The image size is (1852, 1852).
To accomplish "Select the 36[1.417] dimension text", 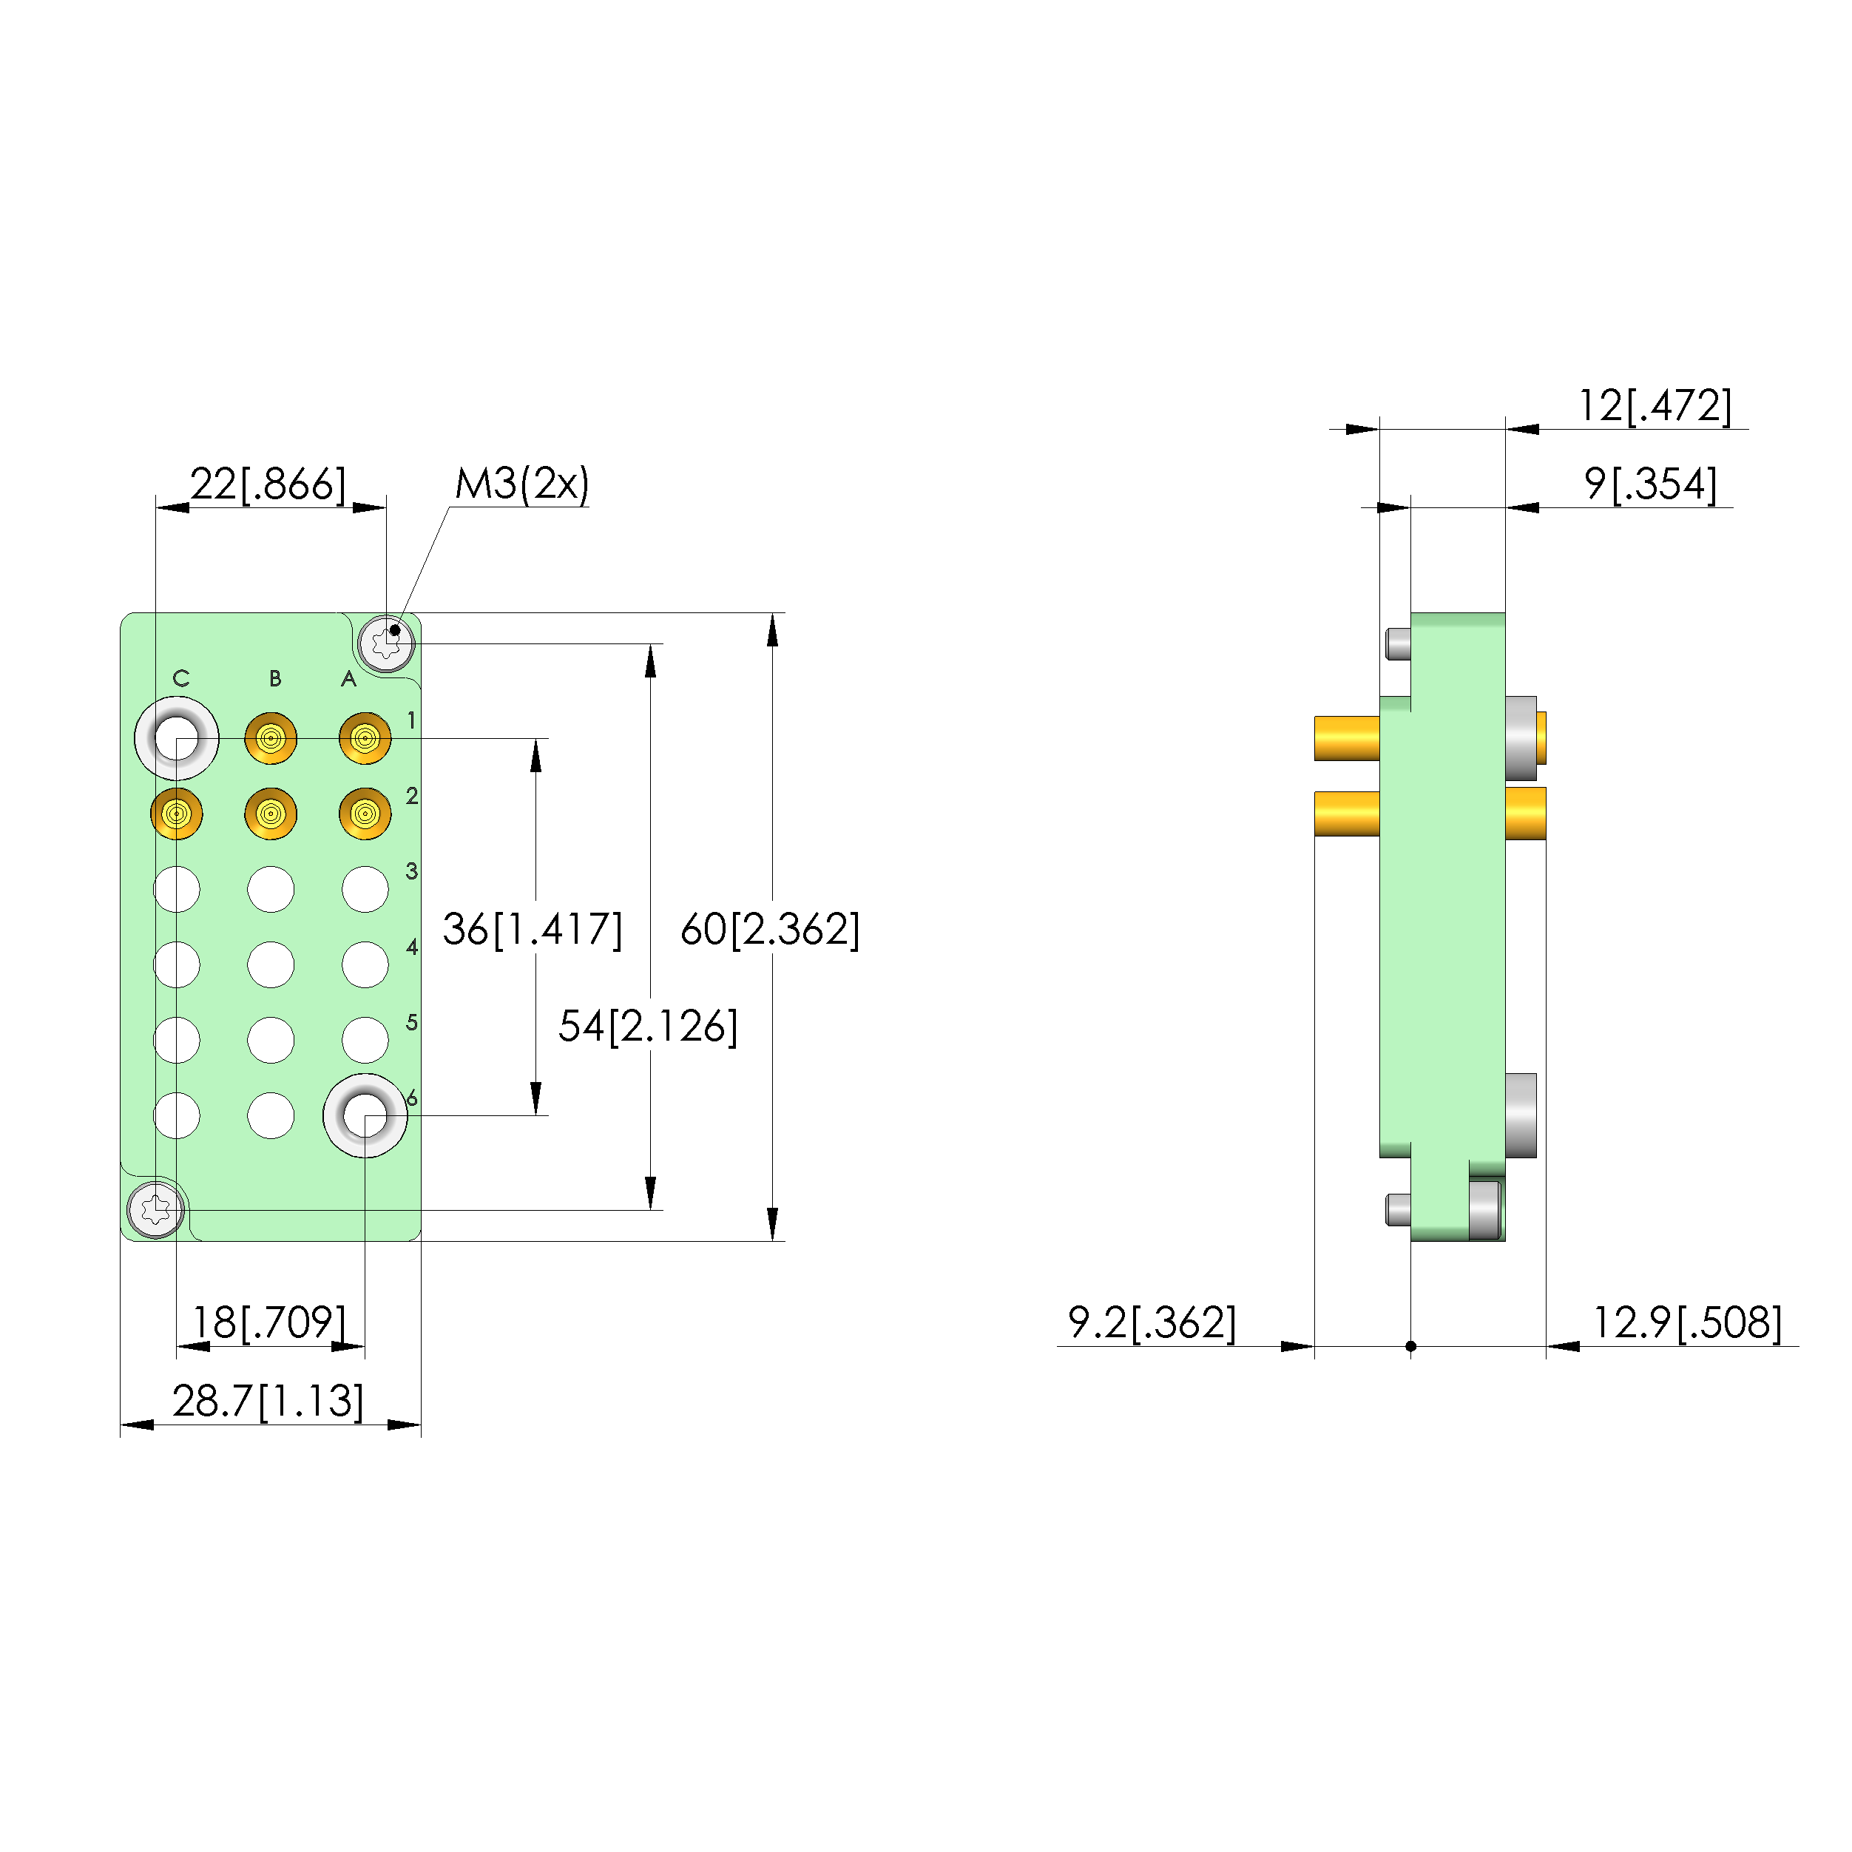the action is point(532,929).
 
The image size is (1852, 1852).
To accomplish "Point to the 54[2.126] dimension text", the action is point(648,1026).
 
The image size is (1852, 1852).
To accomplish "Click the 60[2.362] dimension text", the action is point(770,929).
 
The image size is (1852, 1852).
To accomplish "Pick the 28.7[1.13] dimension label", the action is point(268,1401).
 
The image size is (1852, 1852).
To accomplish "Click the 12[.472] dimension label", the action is point(1655,405).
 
